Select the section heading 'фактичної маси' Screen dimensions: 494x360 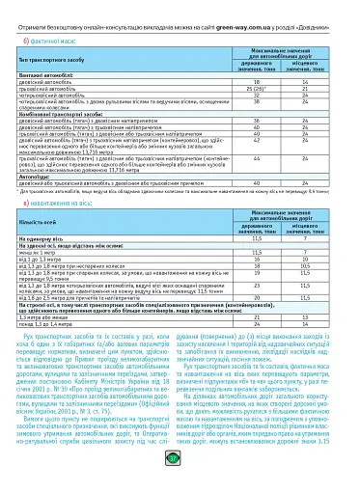coord(51,41)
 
